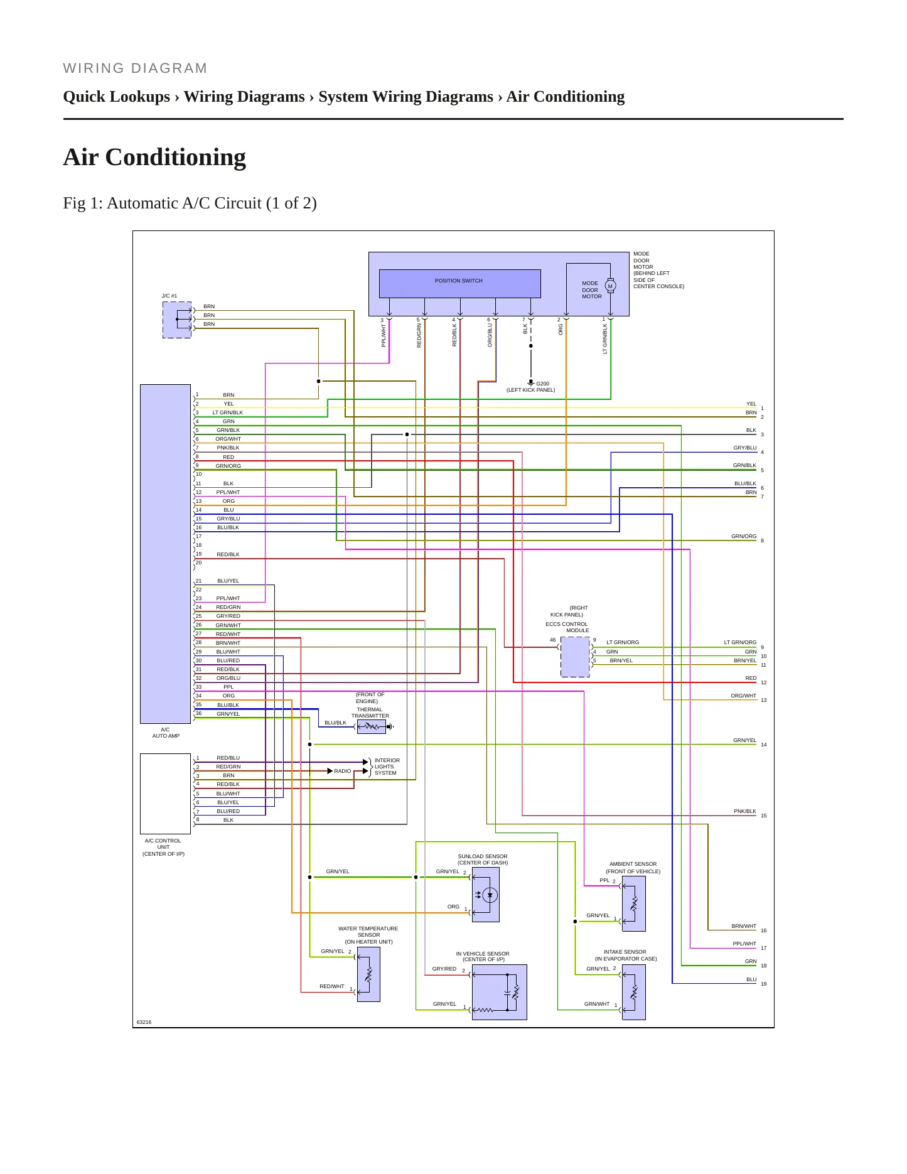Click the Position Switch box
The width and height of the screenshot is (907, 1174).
pos(459,284)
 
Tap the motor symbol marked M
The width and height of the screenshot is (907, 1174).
pos(610,286)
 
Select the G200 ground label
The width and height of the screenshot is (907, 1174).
pos(542,384)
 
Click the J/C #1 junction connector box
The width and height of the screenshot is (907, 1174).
pos(177,320)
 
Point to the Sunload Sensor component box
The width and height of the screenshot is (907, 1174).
pos(485,895)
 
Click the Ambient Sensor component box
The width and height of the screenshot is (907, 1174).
pos(633,903)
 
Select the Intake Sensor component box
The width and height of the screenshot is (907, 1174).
pos(633,992)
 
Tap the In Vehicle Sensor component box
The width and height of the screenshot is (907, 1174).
pos(499,992)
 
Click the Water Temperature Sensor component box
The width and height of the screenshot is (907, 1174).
pos(368,974)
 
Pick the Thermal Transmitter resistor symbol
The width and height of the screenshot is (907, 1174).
pos(372,726)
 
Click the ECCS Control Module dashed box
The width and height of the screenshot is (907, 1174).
pos(575,657)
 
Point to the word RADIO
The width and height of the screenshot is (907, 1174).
pos(343,771)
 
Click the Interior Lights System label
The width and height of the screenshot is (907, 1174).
pos(387,767)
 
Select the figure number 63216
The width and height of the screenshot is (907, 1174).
pos(144,1022)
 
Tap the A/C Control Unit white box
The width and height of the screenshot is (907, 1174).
pos(165,794)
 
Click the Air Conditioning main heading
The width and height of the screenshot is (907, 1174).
pos(154,157)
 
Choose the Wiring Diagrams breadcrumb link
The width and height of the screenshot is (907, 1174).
pos(244,97)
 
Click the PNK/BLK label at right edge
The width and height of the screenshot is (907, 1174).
pos(745,811)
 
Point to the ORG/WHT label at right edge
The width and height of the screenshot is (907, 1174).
pos(744,696)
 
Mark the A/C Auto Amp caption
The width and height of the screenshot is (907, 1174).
pos(166,733)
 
